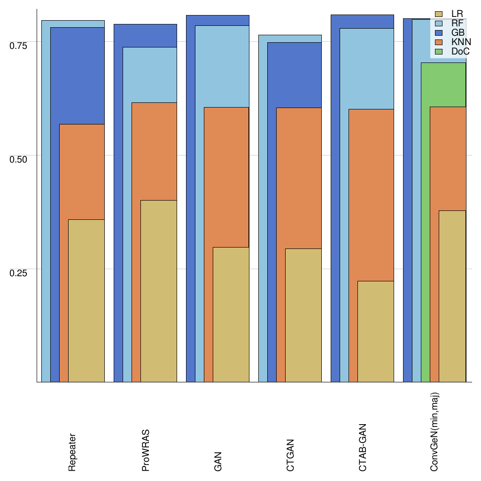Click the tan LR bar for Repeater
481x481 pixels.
tap(86, 301)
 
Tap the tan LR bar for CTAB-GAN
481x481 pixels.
tap(376, 331)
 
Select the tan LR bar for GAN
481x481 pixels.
tap(231, 315)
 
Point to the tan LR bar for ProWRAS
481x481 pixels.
tap(159, 291)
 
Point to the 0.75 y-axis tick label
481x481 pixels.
tap(19, 46)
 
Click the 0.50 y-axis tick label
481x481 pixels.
tap(19, 159)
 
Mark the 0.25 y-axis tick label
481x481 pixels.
tap(19, 273)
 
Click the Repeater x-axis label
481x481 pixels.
tap(72, 452)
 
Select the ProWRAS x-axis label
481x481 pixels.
tap(146, 450)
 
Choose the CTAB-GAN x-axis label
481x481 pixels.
tap(363, 448)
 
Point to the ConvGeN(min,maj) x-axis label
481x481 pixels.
tap(435, 432)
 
